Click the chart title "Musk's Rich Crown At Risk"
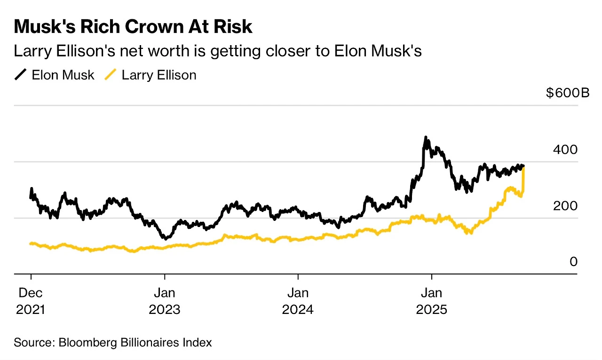tap(133, 27)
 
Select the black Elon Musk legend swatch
tap(21, 75)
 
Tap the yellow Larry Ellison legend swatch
tap(111, 75)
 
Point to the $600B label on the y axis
tap(567, 93)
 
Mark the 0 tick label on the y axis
tap(573, 262)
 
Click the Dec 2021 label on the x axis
tap(31, 301)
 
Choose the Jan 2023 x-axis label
tap(165, 301)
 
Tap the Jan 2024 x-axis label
tap(298, 301)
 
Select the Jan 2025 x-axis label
tap(431, 301)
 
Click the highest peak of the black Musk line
tap(426, 138)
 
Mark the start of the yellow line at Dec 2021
tap(31, 243)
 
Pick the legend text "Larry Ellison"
tap(159, 75)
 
